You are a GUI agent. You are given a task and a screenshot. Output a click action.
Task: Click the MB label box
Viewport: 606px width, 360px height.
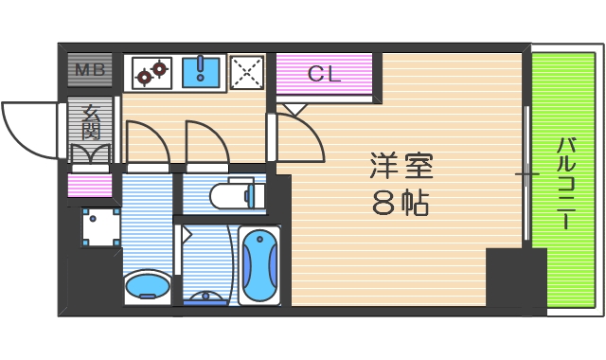pos(90,69)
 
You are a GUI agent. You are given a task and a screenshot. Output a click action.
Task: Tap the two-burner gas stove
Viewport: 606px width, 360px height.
pos(150,71)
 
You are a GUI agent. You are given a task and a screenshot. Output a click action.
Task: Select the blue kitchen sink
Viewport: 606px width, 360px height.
pos(200,71)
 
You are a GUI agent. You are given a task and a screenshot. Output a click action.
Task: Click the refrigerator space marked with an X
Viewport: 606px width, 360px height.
pos(248,71)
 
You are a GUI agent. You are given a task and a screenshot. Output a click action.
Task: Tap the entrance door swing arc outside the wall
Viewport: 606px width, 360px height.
pos(28,128)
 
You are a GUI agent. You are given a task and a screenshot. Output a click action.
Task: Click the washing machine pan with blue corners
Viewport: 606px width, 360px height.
pos(99,227)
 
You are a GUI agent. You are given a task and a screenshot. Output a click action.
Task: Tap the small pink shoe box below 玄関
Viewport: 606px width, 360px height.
pos(90,186)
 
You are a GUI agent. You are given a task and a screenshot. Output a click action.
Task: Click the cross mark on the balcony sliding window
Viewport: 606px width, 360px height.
pos(526,174)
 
